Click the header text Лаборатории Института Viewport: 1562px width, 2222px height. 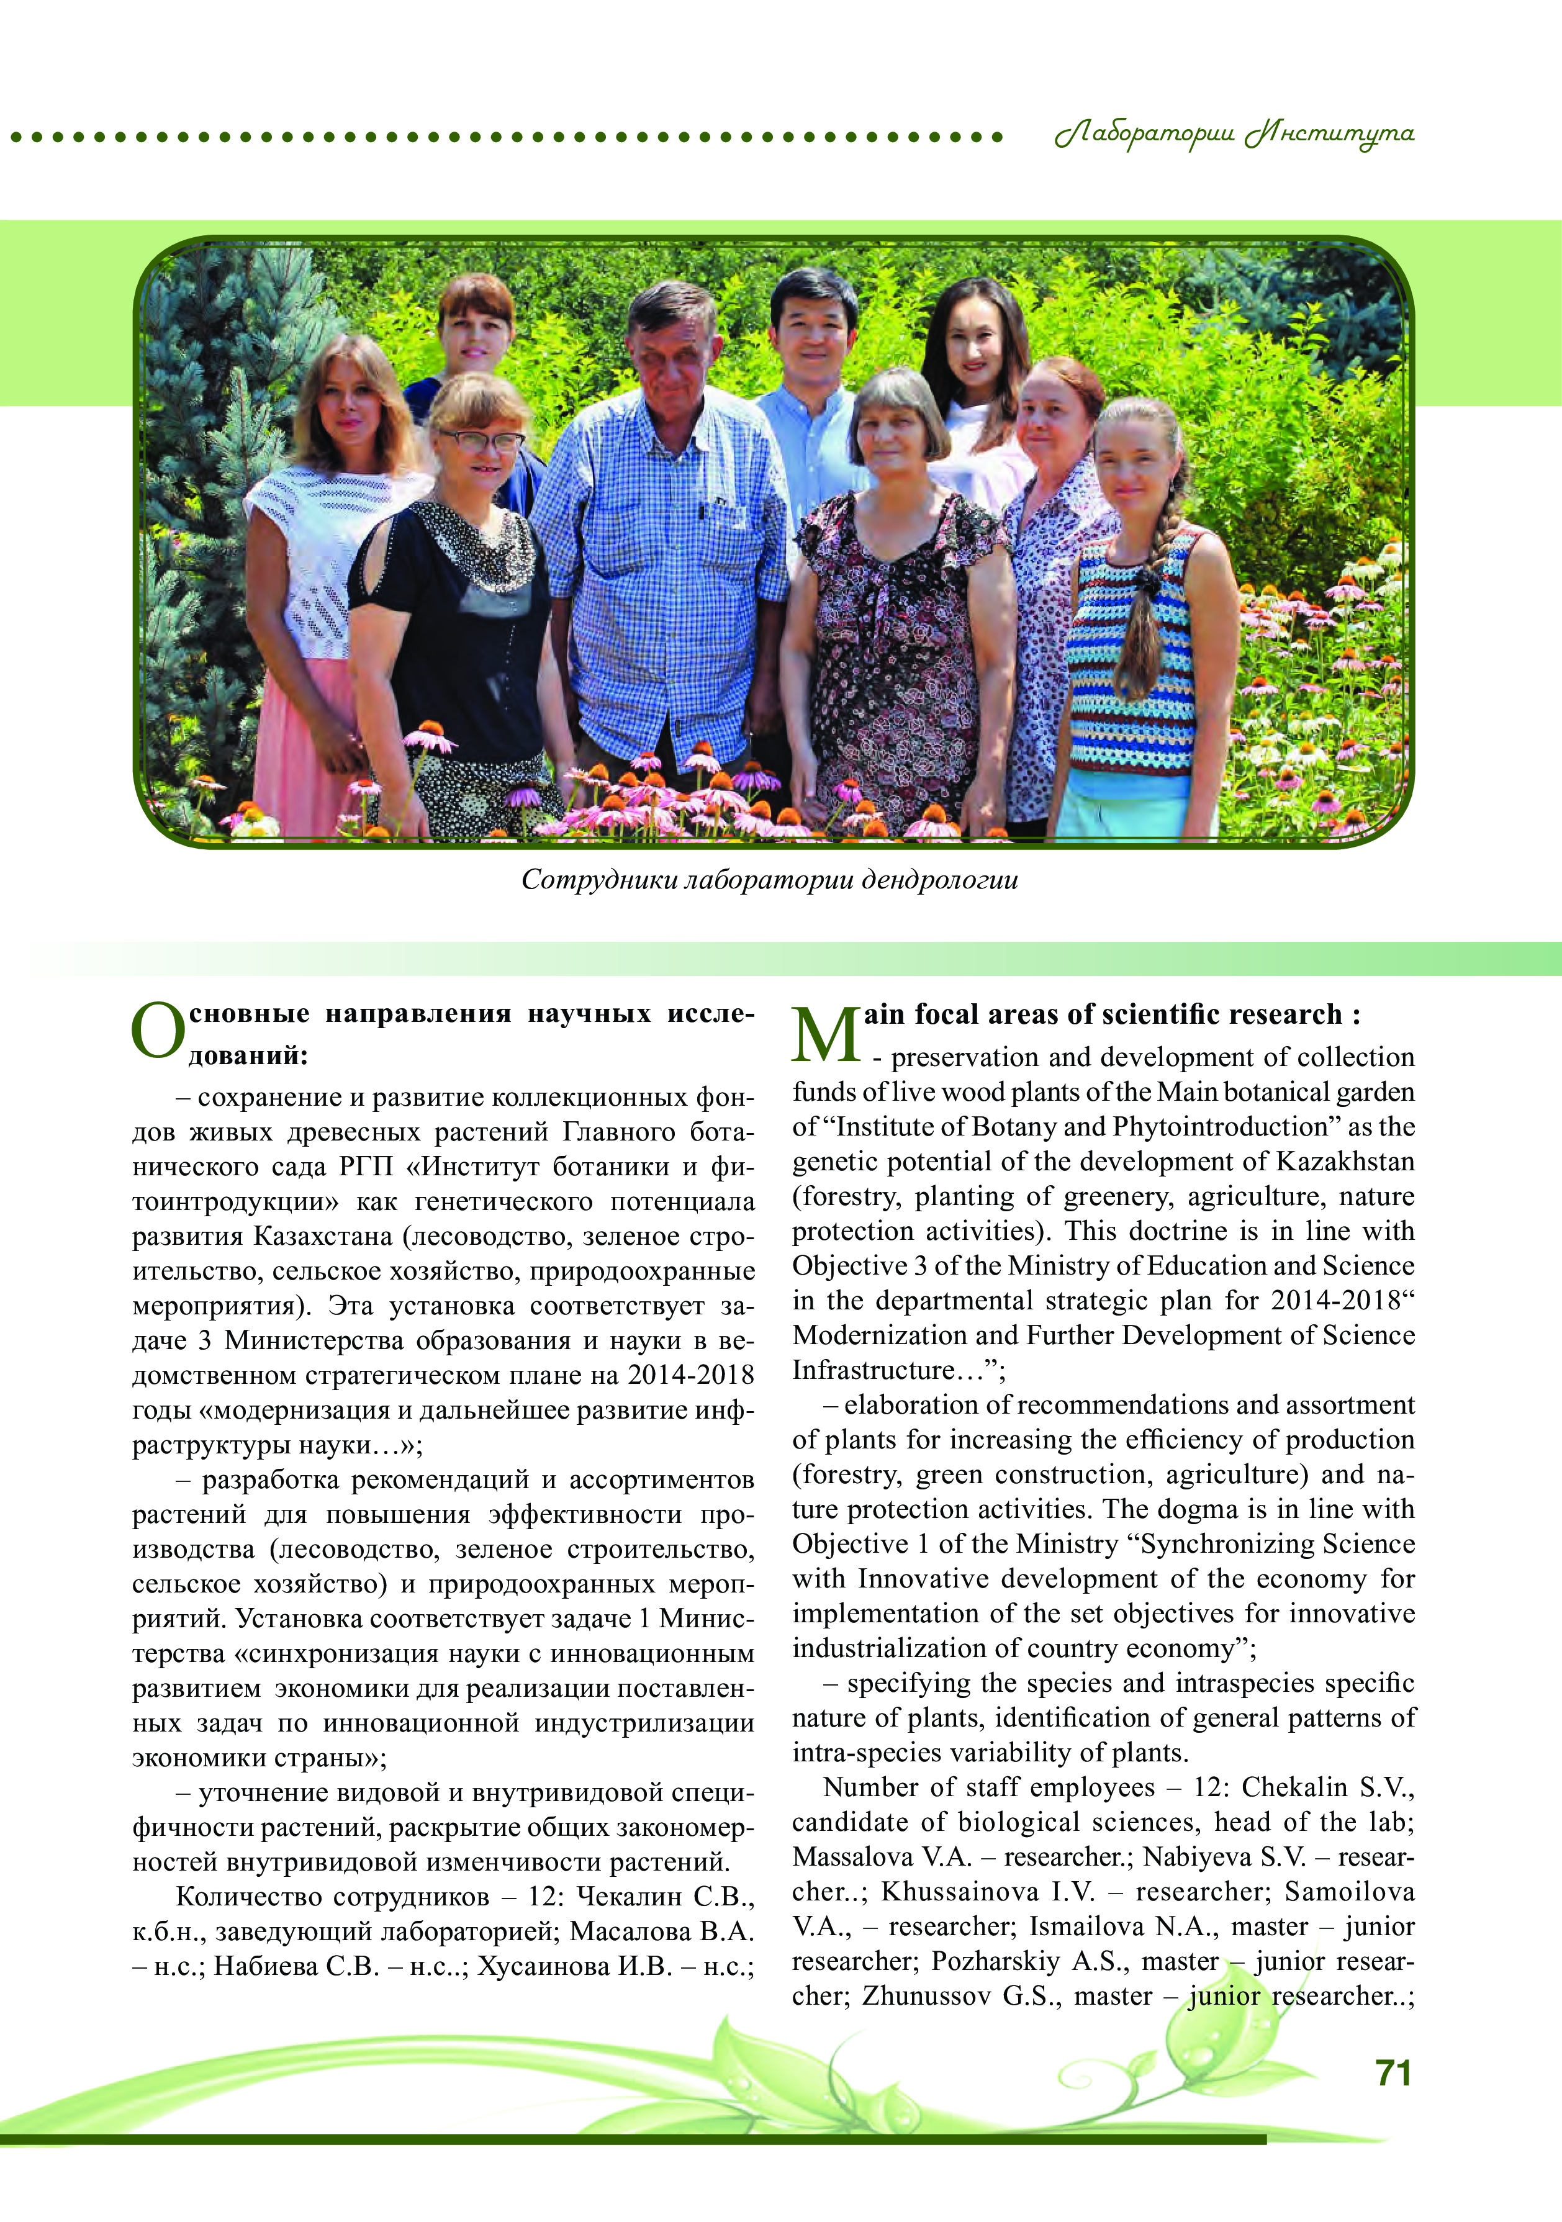point(1234,135)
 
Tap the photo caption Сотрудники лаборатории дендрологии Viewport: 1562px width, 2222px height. point(769,880)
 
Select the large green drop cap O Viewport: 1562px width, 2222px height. point(157,1032)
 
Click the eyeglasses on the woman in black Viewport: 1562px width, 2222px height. point(481,441)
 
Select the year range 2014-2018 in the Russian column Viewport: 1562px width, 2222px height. point(690,1375)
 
